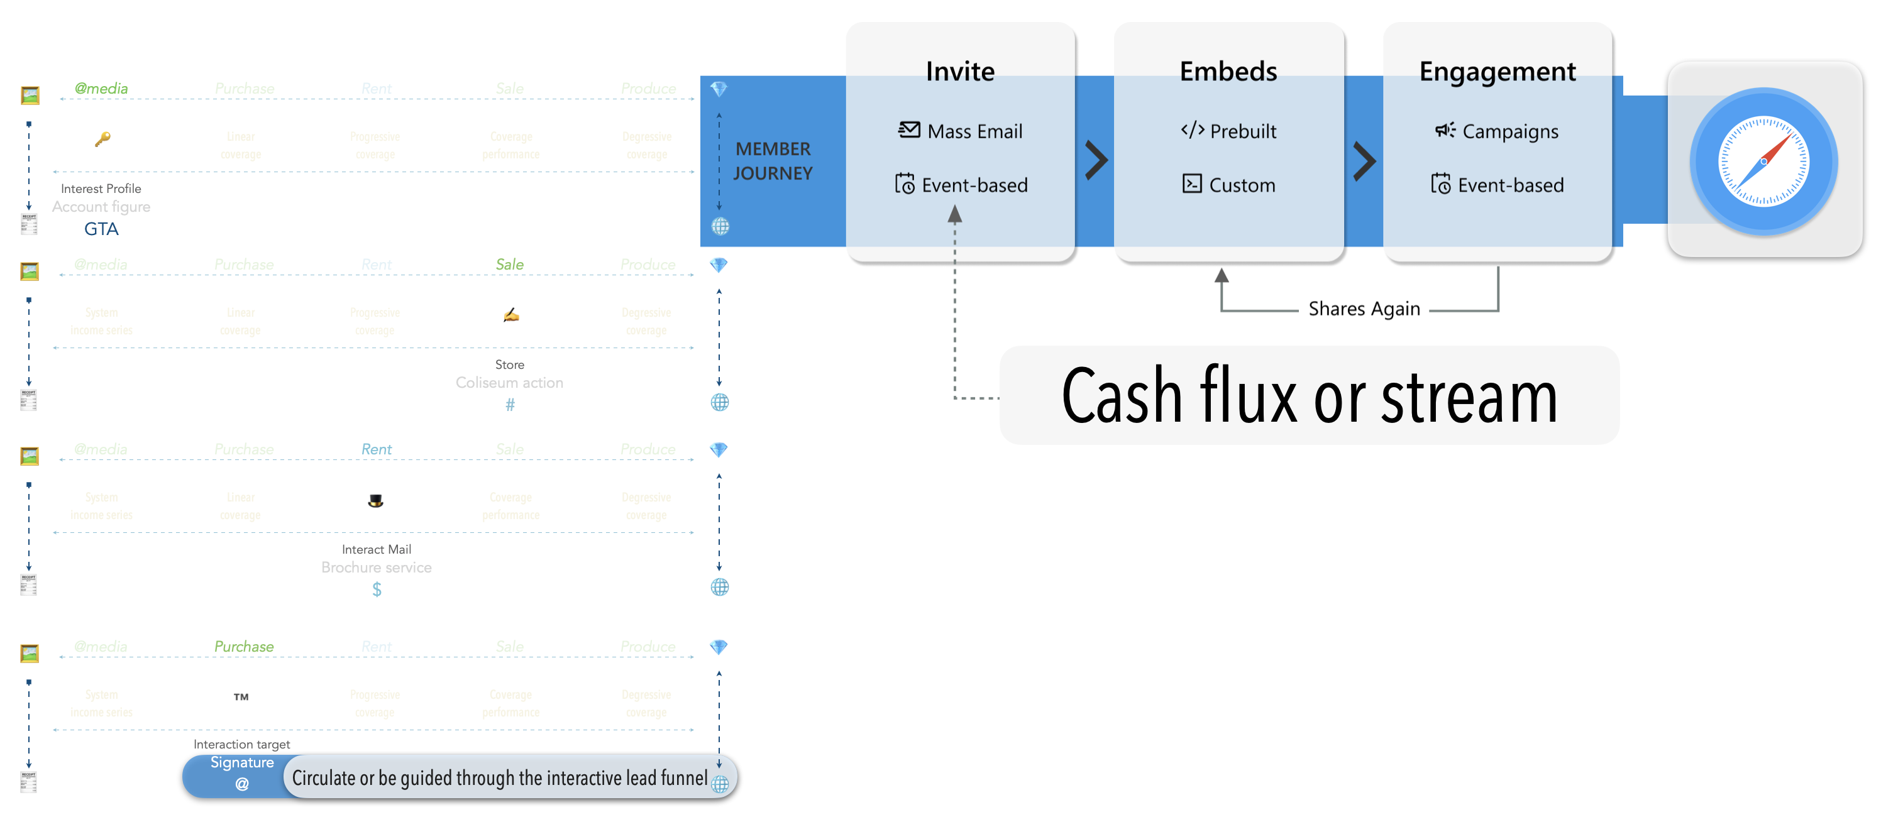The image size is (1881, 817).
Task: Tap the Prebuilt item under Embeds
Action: point(1229,131)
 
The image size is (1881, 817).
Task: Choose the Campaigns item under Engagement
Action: point(1496,131)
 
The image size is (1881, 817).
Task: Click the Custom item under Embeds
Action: point(1229,185)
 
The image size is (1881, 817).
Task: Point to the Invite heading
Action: point(959,72)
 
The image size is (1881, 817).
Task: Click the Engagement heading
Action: point(1497,72)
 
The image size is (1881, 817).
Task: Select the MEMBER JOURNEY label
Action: point(773,161)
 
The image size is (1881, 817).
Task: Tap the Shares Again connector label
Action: point(1364,309)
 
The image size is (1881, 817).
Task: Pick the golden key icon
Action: point(102,139)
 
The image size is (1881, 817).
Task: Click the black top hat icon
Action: point(375,501)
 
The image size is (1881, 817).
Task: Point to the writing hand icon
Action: point(510,315)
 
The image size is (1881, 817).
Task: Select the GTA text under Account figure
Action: point(101,229)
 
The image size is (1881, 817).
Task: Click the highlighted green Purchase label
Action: point(244,647)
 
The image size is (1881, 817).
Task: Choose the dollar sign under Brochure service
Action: point(376,589)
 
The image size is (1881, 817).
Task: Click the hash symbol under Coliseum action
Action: point(510,405)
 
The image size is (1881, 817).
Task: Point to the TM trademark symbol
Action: point(241,697)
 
